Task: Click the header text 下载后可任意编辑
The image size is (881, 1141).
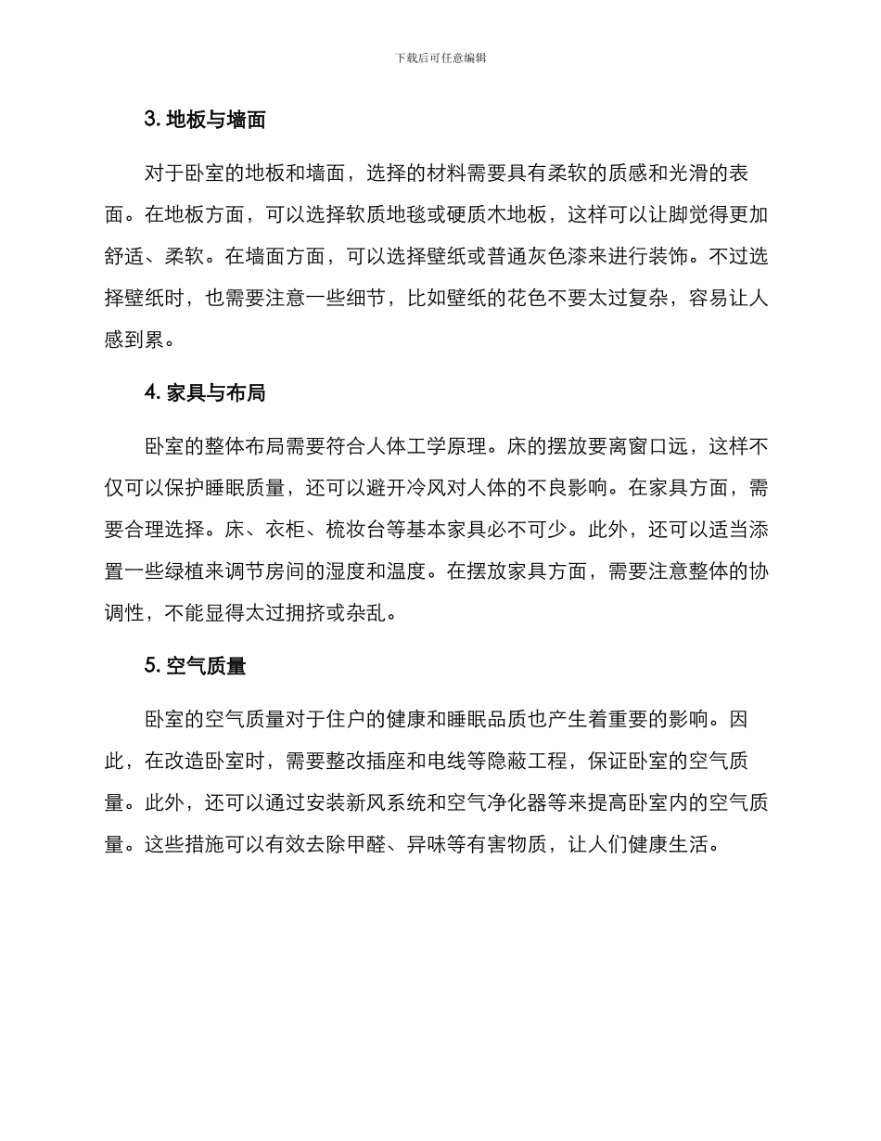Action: click(440, 58)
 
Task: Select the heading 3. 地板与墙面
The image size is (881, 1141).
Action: click(205, 120)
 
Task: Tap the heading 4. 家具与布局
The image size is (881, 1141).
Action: click(205, 393)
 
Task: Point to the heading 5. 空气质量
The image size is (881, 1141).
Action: click(195, 666)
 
